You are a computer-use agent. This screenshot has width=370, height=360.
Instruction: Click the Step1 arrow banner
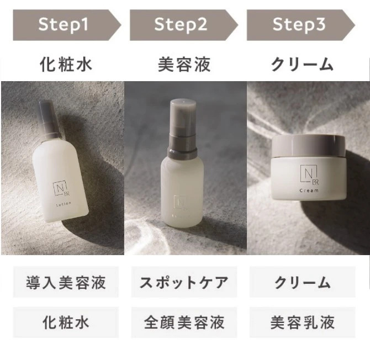(x=67, y=25)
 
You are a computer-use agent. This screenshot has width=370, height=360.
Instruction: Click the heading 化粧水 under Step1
(x=66, y=64)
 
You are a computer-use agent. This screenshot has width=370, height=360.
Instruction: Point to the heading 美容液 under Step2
(x=184, y=64)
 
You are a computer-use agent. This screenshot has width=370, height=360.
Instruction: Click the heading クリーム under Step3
(x=302, y=64)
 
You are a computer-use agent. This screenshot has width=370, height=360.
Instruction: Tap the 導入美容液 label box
(x=66, y=282)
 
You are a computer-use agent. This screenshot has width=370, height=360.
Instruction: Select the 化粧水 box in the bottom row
(x=66, y=322)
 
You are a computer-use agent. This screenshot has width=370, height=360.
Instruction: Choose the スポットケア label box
(x=184, y=282)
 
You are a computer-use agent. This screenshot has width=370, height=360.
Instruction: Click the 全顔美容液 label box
(x=184, y=322)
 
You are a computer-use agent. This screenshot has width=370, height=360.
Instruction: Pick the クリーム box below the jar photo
(x=303, y=282)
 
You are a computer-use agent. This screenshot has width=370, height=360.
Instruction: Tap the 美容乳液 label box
(x=303, y=322)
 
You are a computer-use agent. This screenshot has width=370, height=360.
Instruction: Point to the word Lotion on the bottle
(x=64, y=204)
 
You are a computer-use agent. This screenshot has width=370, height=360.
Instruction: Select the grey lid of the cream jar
(x=308, y=146)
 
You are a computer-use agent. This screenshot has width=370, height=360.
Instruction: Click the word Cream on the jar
(x=309, y=190)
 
